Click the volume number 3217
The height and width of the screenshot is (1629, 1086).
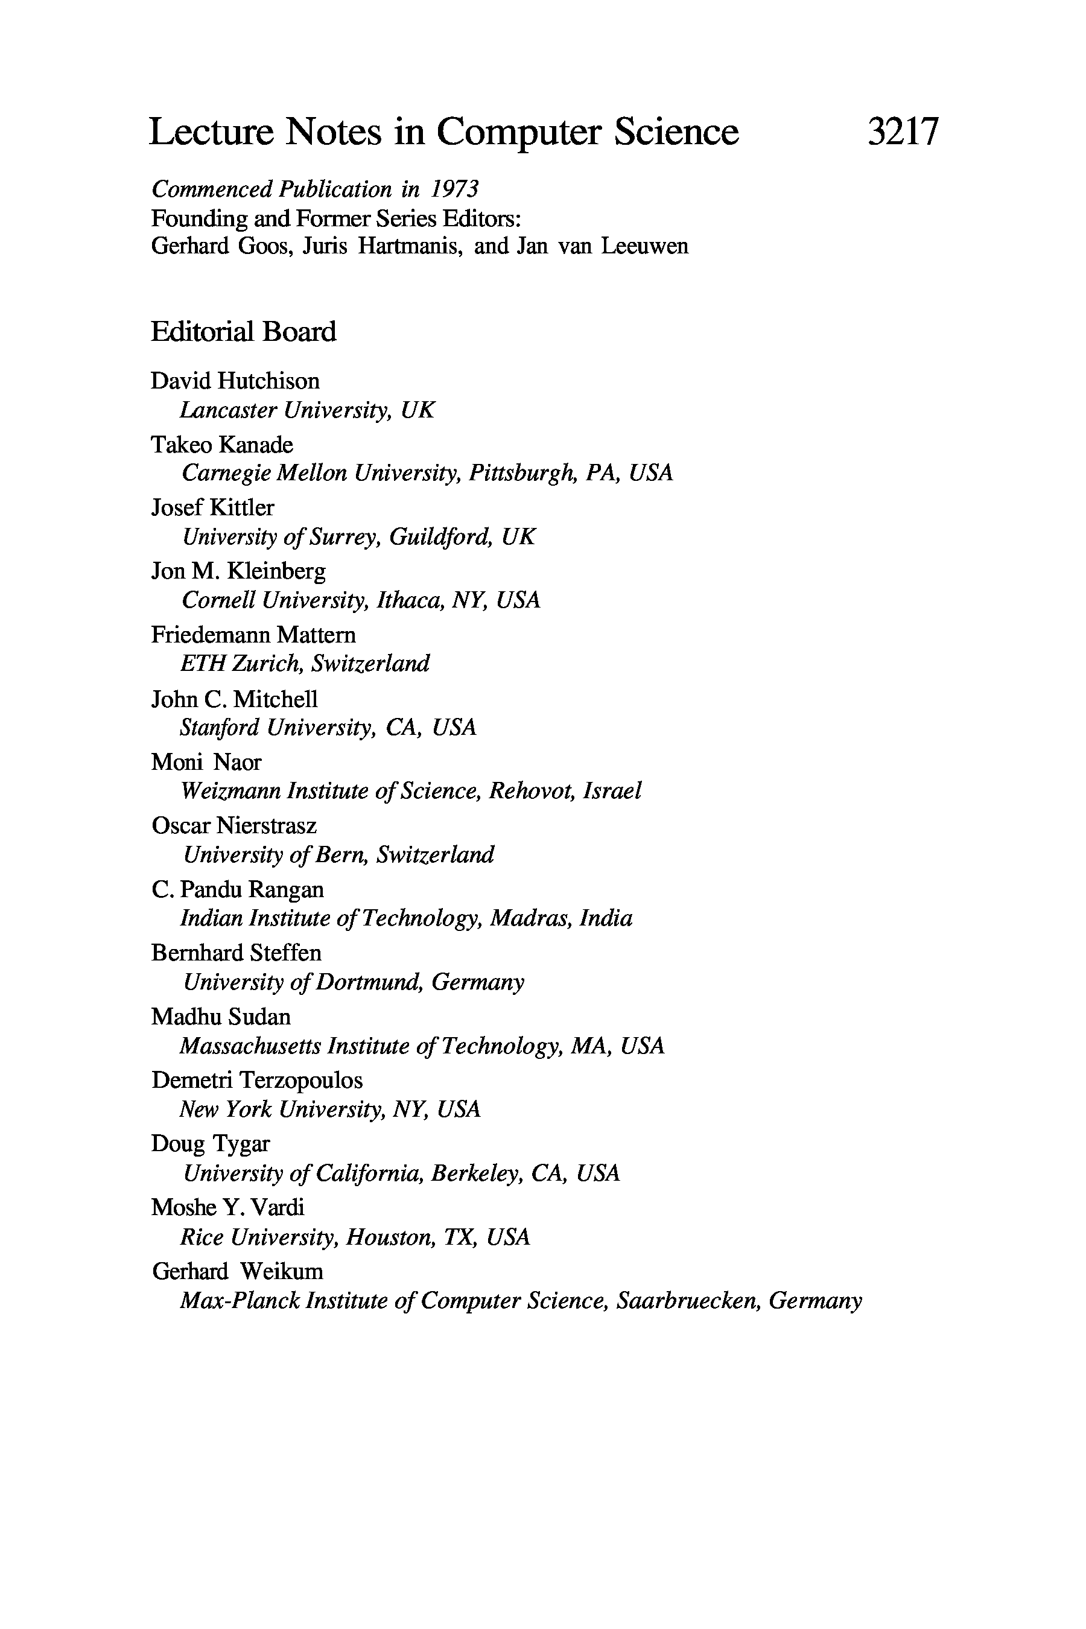pyautogui.click(x=903, y=132)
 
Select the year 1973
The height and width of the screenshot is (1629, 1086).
pyautogui.click(x=454, y=189)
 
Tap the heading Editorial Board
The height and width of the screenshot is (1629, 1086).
pyautogui.click(x=243, y=332)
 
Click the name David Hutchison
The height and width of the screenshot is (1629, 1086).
pyautogui.click(x=235, y=381)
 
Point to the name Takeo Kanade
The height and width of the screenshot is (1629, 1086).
pyautogui.click(x=222, y=445)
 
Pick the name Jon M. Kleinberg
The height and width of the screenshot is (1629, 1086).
pyautogui.click(x=238, y=571)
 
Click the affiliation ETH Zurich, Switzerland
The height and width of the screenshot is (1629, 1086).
pyautogui.click(x=305, y=664)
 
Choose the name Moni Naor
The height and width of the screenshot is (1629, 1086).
pyautogui.click(x=206, y=763)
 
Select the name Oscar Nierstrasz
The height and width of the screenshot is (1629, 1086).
pyautogui.click(x=234, y=825)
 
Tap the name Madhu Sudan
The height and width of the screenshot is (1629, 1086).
pyautogui.click(x=221, y=1017)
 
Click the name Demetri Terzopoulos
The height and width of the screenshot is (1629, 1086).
pyautogui.click(x=257, y=1081)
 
